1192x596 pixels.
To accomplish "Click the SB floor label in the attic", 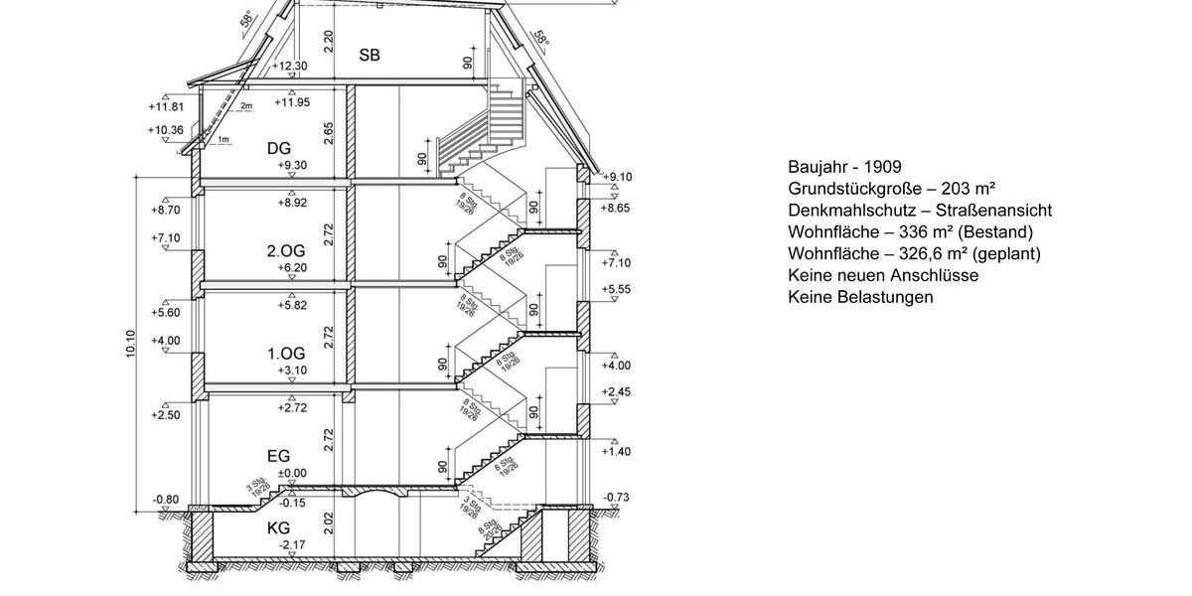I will coord(370,56).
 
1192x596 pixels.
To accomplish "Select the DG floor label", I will coord(279,148).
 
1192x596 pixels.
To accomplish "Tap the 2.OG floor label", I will coord(286,250).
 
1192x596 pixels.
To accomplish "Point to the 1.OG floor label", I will coord(286,354).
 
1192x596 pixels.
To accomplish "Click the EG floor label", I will coord(279,456).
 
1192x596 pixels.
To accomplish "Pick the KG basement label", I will coord(279,527).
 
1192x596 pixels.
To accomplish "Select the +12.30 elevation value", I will coord(290,67).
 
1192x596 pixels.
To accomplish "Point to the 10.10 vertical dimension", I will coord(131,345).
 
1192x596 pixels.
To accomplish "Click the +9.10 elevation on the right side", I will coord(617,177).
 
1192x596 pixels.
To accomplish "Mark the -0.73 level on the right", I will coord(617,497).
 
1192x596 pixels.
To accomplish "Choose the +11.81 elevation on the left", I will coord(166,106).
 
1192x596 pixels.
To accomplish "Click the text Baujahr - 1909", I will coord(844,167).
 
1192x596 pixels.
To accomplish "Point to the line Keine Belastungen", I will coord(860,297).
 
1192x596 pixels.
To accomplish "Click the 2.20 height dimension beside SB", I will coord(329,41).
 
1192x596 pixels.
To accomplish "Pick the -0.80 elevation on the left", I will coord(166,500).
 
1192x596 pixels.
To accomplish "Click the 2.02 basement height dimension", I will coord(329,524).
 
